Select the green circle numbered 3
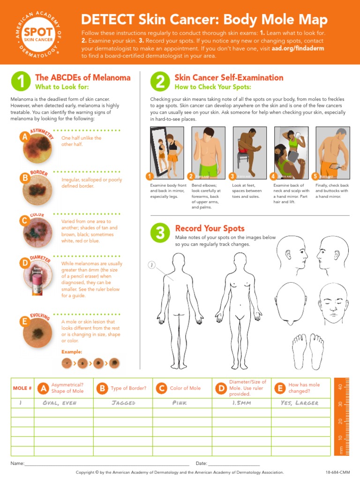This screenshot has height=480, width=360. coord(160,233)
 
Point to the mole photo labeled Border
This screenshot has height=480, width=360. coord(37,187)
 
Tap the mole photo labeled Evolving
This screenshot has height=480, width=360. coord(37,333)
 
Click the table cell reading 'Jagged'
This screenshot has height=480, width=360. coord(123,403)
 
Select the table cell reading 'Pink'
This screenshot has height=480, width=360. coord(182,403)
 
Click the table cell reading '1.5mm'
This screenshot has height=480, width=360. coord(241,403)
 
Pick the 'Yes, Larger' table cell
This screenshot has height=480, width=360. coord(300,403)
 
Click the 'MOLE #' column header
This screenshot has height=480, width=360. coord(22,388)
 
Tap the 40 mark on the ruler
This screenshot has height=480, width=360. coord(340,387)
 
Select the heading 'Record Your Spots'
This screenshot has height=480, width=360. coord(210,228)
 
